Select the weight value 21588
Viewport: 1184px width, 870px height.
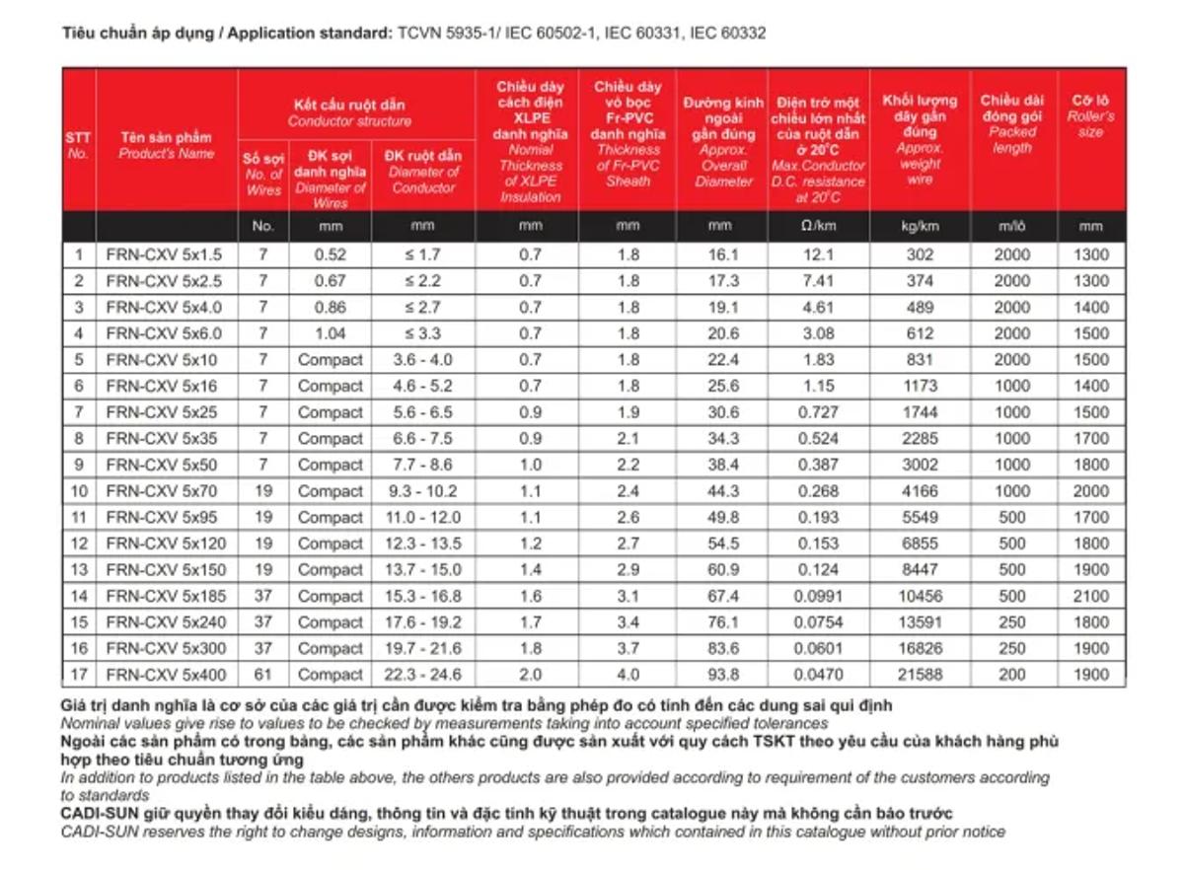(920, 675)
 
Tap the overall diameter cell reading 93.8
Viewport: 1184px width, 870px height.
(722, 675)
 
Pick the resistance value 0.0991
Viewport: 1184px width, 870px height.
(818, 596)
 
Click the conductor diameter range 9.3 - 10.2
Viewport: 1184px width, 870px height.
(423, 491)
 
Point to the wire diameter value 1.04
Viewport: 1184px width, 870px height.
(331, 333)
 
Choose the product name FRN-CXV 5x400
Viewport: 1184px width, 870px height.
(166, 675)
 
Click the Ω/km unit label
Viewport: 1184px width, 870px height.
(818, 226)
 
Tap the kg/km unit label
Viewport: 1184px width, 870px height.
(920, 226)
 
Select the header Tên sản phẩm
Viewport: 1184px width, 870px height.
(166, 137)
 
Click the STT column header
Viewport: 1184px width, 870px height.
(78, 138)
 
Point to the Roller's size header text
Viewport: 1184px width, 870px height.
(1090, 123)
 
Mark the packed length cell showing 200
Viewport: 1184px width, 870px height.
(1011, 675)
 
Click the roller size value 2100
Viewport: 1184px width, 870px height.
(1090, 596)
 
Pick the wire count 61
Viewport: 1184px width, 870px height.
(262, 675)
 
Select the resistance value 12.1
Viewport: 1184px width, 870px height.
(818, 254)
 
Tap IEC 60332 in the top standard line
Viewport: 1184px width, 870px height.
(727, 34)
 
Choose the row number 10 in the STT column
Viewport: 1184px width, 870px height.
(78, 491)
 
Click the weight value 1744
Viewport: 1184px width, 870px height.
(920, 412)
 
